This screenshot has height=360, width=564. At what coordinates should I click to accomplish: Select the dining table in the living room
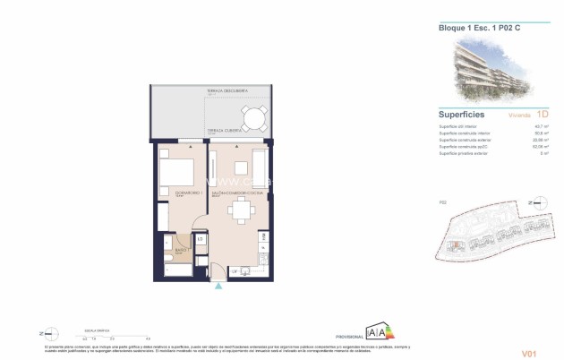tap(241, 211)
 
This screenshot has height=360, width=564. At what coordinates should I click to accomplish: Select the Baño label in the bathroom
tap(179, 252)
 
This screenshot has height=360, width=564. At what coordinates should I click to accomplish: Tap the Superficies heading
tap(462, 115)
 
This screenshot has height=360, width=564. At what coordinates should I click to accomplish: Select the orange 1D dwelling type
tap(542, 115)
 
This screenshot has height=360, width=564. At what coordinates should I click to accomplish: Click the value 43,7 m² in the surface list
tap(543, 127)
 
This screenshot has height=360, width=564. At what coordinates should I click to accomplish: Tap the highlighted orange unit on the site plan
tap(456, 245)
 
